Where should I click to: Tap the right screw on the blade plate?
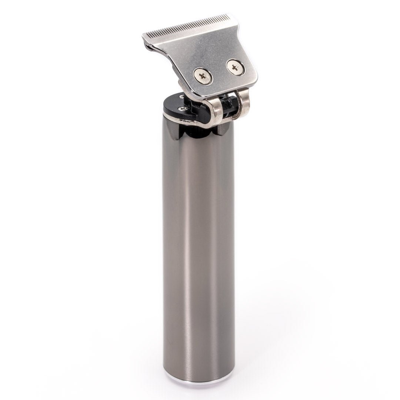[234, 67]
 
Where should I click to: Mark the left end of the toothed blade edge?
[144, 36]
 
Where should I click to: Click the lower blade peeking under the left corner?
[150, 46]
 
